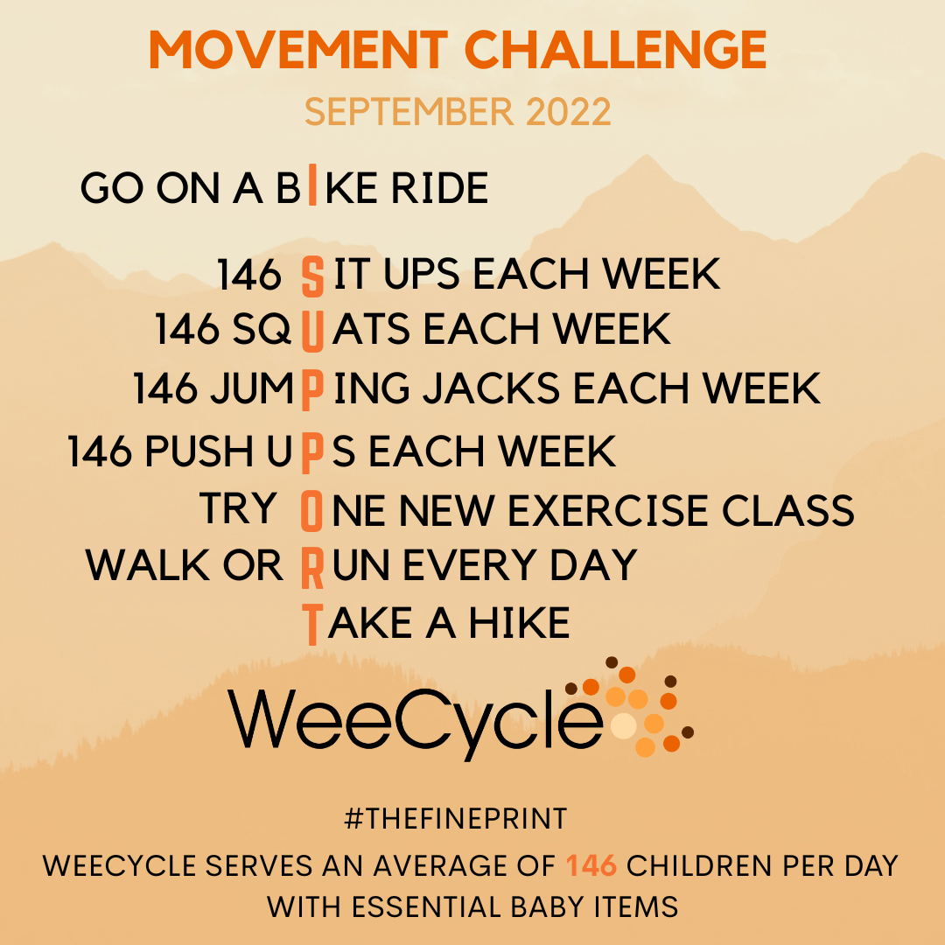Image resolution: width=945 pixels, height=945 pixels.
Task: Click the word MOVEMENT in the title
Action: (x=298, y=49)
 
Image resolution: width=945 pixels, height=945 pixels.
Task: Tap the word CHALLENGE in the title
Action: (x=615, y=49)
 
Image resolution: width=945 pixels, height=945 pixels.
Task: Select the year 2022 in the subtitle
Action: (x=569, y=111)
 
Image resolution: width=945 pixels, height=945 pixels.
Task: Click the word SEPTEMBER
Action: (x=409, y=111)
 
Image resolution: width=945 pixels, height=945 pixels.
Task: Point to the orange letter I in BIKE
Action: (x=312, y=185)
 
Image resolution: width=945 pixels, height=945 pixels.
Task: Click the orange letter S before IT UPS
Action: (x=312, y=276)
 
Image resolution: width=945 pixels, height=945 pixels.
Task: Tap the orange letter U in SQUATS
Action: (x=312, y=331)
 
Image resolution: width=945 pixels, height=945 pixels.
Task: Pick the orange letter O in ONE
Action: (x=311, y=511)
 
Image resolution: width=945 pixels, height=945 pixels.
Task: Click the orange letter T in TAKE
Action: (x=312, y=625)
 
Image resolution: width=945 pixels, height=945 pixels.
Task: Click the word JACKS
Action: (x=491, y=388)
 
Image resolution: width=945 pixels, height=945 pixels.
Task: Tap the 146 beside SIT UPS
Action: (x=248, y=275)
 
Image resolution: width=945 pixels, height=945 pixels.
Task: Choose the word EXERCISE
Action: (x=608, y=510)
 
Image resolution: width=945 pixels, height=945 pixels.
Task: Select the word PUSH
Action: (x=199, y=451)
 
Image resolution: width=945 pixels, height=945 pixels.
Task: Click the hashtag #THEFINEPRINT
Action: (x=456, y=818)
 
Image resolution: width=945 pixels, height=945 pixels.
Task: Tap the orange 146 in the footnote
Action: (x=591, y=865)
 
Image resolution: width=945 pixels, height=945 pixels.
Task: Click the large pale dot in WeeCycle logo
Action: (x=624, y=725)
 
